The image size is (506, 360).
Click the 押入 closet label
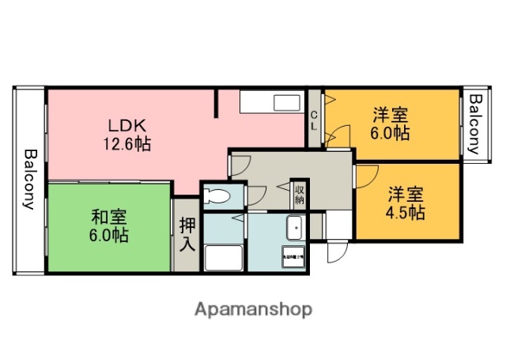pos(187,233)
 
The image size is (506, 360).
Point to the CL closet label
pos(314,123)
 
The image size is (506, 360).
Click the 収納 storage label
pos(300,193)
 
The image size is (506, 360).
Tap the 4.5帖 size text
pos(406,212)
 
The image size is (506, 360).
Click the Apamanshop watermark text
pos(253,309)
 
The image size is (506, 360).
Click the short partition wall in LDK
pos(217,103)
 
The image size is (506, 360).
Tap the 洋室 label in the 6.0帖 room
pos(391,116)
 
